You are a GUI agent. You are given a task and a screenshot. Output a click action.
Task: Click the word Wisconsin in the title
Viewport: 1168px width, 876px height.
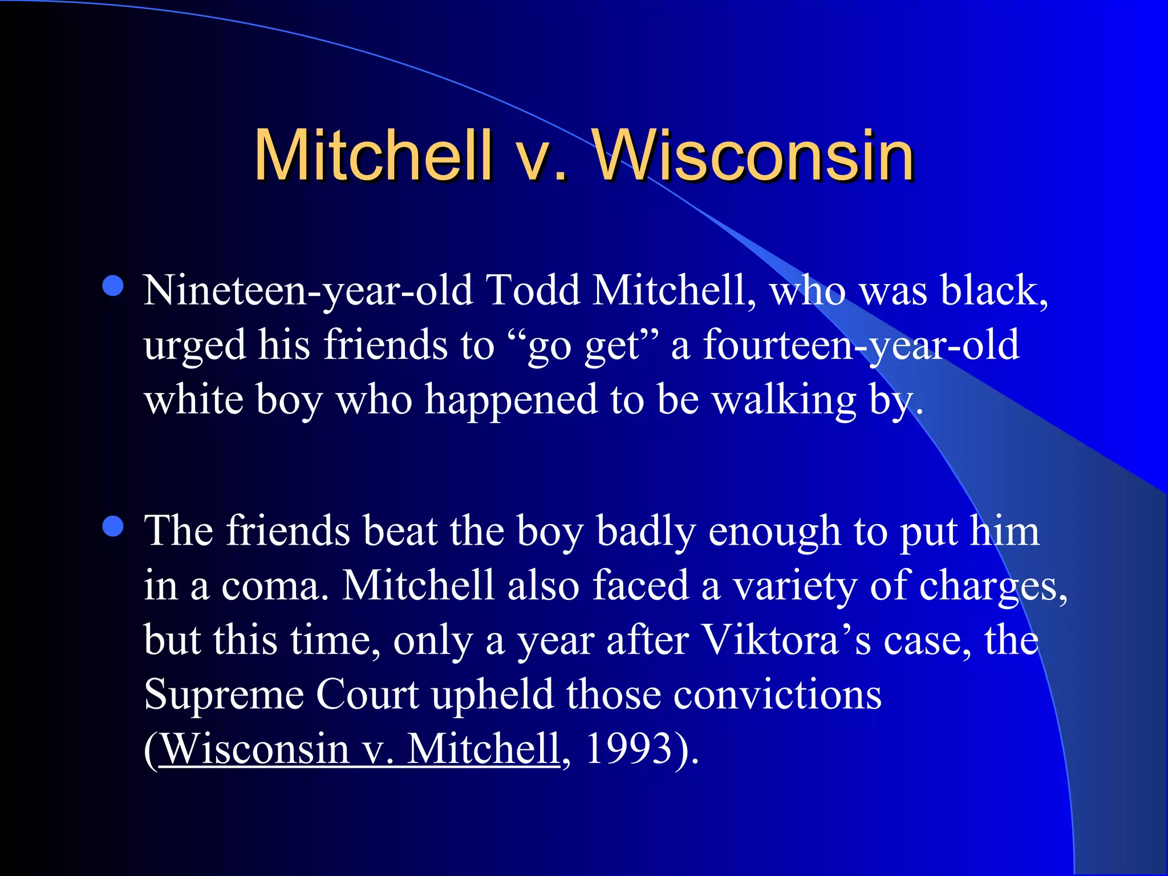[753, 155]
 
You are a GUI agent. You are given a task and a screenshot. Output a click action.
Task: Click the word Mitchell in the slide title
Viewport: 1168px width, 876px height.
[374, 155]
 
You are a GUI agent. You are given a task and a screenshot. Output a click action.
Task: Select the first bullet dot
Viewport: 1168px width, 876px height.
[113, 286]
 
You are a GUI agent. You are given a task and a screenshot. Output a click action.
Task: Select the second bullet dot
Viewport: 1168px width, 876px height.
[113, 526]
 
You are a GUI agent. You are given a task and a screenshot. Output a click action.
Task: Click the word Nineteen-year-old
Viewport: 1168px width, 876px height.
[308, 291]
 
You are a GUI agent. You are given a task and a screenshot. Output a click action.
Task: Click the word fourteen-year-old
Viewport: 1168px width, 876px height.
[861, 346]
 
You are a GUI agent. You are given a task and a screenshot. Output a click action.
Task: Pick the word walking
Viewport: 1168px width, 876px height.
[785, 400]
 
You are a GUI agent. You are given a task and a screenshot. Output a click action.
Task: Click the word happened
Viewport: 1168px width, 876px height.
[510, 400]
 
